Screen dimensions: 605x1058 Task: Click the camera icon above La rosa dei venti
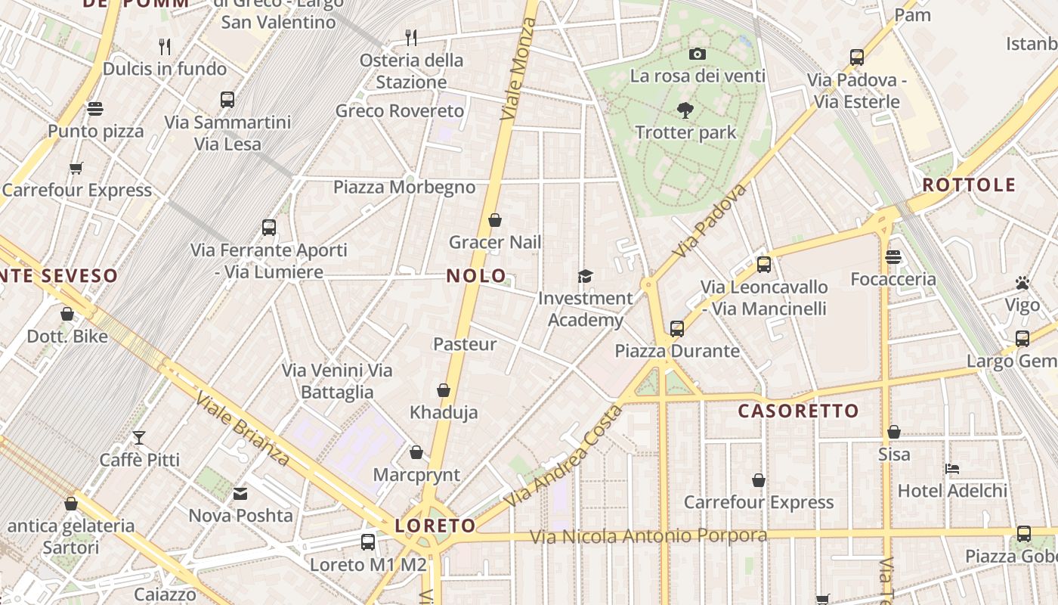pyautogui.click(x=697, y=54)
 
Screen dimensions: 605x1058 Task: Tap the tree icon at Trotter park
pyautogui.click(x=685, y=110)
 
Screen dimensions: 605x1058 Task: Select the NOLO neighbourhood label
pyautogui.click(x=476, y=275)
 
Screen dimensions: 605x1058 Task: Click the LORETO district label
pyautogui.click(x=435, y=526)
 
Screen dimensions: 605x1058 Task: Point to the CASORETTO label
pyautogui.click(x=798, y=411)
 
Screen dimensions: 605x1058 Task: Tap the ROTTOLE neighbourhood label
pyautogui.click(x=969, y=185)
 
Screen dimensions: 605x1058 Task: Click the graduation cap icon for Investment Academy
pyautogui.click(x=585, y=276)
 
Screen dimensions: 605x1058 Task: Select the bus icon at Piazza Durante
pyautogui.click(x=676, y=329)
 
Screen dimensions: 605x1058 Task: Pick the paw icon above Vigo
pyautogui.click(x=1022, y=284)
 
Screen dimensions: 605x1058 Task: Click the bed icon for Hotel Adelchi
pyautogui.click(x=952, y=469)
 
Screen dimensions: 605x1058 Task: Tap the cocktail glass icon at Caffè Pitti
pyautogui.click(x=139, y=437)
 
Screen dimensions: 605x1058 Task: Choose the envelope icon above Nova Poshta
pyautogui.click(x=240, y=494)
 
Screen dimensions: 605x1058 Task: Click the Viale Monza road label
pyautogui.click(x=518, y=68)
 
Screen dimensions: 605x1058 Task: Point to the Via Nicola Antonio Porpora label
pyautogui.click(x=648, y=536)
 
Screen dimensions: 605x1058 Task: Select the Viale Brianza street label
pyautogui.click(x=242, y=429)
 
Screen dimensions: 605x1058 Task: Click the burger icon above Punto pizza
pyautogui.click(x=95, y=109)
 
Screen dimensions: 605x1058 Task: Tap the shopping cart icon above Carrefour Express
pyautogui.click(x=76, y=168)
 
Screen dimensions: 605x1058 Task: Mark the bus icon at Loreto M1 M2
pyautogui.click(x=368, y=542)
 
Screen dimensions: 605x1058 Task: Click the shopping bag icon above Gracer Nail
pyautogui.click(x=495, y=220)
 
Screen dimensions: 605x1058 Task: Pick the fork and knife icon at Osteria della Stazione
pyautogui.click(x=411, y=37)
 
